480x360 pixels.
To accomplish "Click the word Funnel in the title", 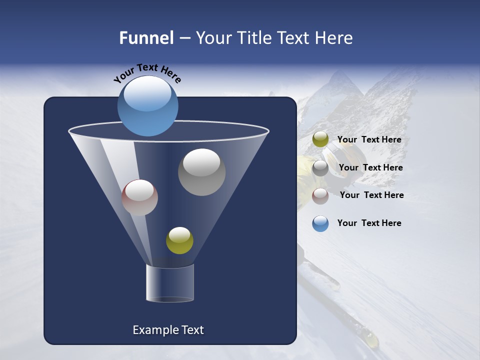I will (146, 38).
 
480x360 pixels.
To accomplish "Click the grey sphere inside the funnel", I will (201, 172).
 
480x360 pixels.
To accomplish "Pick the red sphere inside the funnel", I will (139, 197).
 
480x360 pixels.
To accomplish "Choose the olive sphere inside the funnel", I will (179, 240).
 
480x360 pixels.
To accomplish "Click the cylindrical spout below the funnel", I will (169, 283).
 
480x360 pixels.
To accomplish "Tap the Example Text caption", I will (168, 330).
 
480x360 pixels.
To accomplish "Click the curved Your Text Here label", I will (147, 72).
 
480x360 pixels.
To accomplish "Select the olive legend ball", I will (320, 139).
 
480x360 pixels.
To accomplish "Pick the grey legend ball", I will (320, 167).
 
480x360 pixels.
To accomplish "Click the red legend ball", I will (320, 195).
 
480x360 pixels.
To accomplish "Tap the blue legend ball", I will (320, 223).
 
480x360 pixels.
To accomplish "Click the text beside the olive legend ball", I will (369, 140).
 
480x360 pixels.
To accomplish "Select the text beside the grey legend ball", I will (370, 168).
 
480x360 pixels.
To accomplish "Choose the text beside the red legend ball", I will (371, 195).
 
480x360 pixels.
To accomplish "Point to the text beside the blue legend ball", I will (369, 223).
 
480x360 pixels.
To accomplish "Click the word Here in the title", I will (335, 38).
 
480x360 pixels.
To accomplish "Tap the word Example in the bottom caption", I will (155, 330).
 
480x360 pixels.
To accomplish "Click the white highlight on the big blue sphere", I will (147, 94).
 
